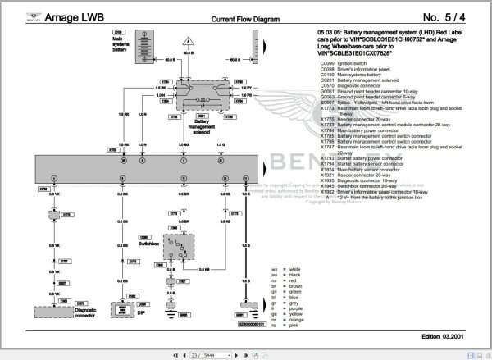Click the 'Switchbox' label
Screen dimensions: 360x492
[x=148, y=244]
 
